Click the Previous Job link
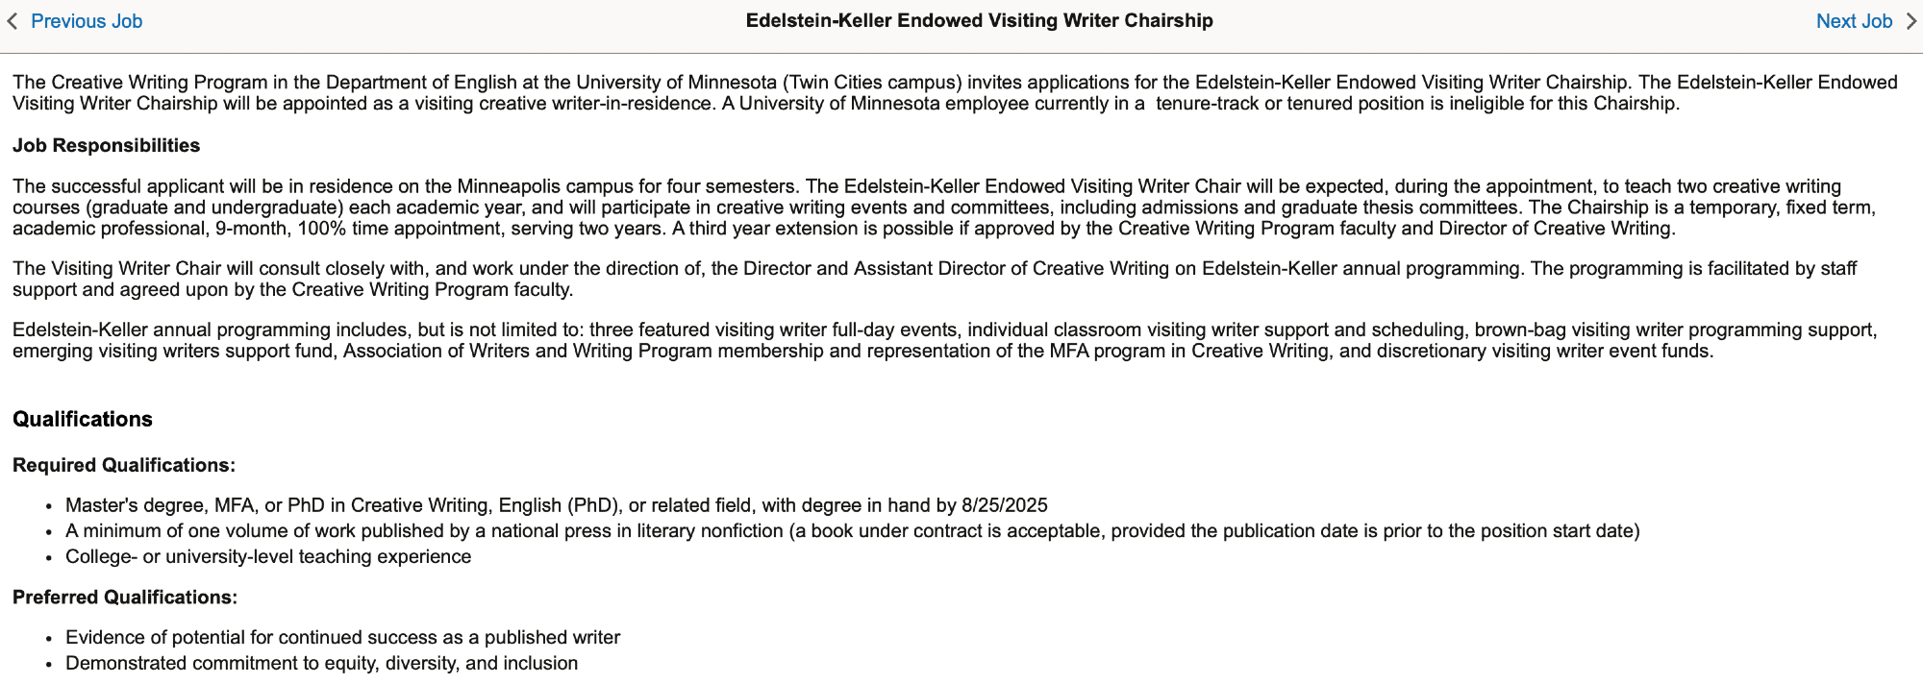[x=87, y=21]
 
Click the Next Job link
[x=1853, y=21]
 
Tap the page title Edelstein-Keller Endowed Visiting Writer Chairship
[x=979, y=21]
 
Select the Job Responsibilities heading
[x=106, y=146]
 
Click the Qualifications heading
[x=83, y=420]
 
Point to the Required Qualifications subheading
[x=123, y=466]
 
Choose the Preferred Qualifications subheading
[x=124, y=598]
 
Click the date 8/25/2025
[x=1004, y=506]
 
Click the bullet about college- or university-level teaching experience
[x=268, y=557]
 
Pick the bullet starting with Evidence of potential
[x=342, y=638]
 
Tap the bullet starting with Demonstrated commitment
[x=321, y=664]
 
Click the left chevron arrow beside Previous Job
[x=12, y=21]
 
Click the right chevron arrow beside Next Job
[x=1911, y=21]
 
